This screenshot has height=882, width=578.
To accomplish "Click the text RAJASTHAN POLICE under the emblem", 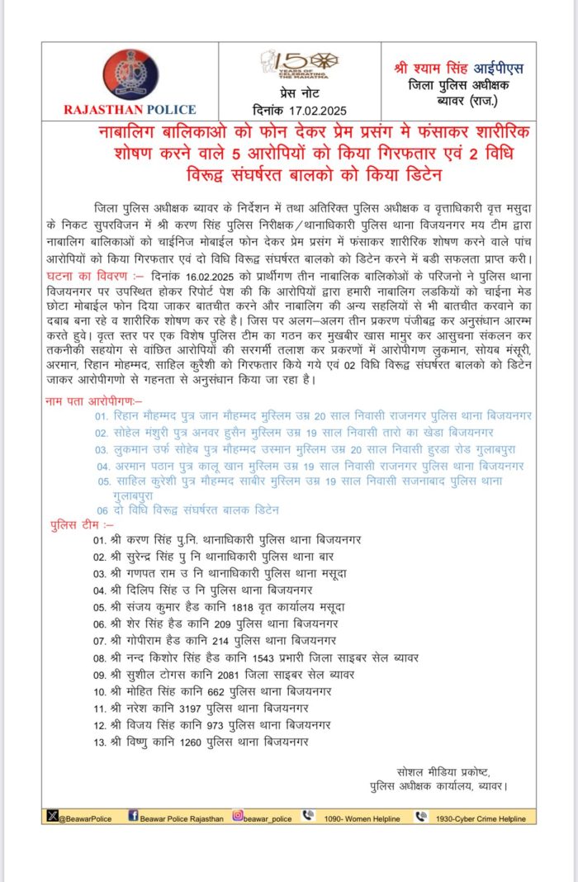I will [130, 109].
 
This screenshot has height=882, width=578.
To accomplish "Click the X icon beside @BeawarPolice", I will [53, 816].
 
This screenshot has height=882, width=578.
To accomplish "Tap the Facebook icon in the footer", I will [133, 816].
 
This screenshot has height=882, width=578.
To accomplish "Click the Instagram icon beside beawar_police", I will [238, 816].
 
